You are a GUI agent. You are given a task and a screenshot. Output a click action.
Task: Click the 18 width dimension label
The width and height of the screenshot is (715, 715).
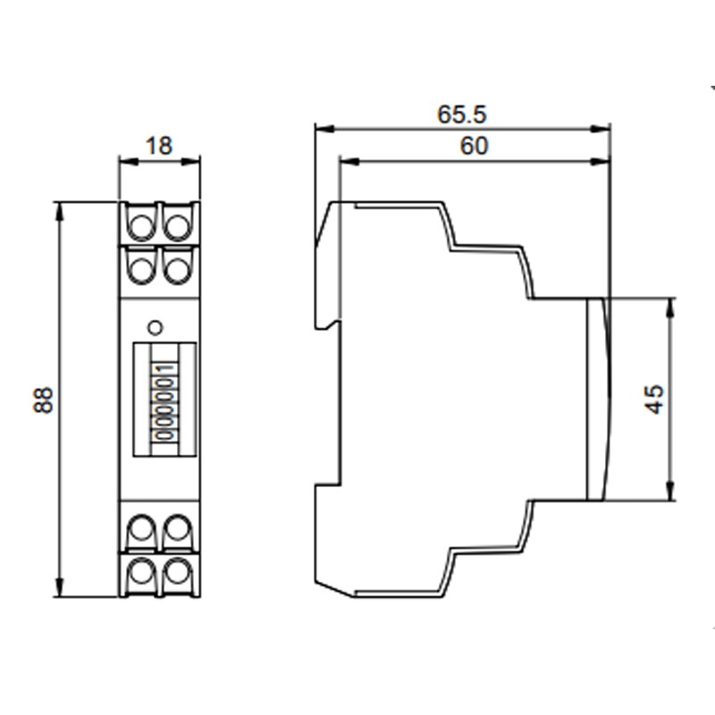pos(159,145)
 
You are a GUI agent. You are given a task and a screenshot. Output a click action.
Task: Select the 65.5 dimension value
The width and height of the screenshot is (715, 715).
pos(461,114)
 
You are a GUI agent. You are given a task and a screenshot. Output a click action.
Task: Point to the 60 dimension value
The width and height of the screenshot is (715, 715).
pos(475,146)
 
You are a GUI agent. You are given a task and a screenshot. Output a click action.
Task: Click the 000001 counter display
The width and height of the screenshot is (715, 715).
pos(164,399)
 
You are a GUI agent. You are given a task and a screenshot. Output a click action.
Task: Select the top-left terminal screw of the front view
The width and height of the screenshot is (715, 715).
pos(140,220)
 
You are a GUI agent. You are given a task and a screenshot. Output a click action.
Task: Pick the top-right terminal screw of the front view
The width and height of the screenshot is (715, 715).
pos(178,220)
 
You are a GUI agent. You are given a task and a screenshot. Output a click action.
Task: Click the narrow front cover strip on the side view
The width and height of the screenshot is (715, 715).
pos(596,399)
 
